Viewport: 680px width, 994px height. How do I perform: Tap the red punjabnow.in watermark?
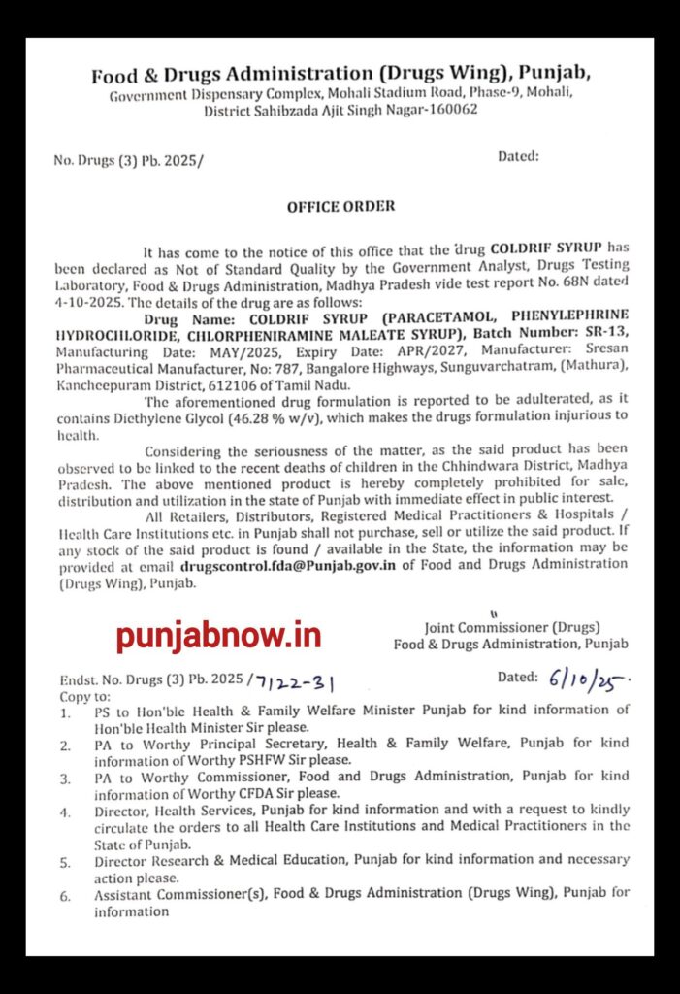pyautogui.click(x=218, y=636)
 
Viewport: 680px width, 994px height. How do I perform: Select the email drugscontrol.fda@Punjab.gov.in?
pyautogui.click(x=288, y=567)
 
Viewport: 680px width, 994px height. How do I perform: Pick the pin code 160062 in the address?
pyautogui.click(x=452, y=110)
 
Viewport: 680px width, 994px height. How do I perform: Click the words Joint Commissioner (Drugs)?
pyautogui.click(x=511, y=627)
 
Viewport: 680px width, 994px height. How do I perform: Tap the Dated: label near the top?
pyautogui.click(x=519, y=156)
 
